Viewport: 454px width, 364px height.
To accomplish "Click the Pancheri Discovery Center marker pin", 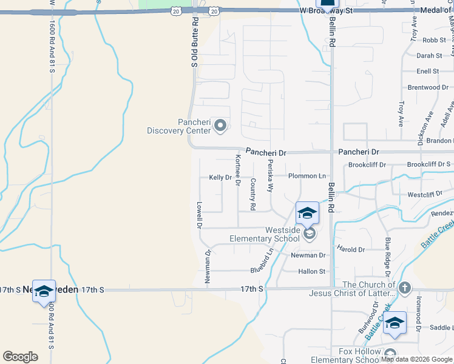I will (x=220, y=126).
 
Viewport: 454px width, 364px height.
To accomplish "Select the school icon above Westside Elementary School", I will (x=307, y=213).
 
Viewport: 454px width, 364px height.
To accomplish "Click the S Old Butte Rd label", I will (x=195, y=41).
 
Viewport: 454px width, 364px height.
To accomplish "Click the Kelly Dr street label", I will (x=220, y=178).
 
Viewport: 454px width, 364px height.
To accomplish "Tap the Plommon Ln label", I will (x=307, y=176).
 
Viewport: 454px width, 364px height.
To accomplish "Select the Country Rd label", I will (x=252, y=195).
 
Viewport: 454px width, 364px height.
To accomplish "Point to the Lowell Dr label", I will (x=198, y=214).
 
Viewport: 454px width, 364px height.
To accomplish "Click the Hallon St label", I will (x=312, y=272).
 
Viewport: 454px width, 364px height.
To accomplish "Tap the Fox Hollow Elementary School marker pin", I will (x=390, y=354).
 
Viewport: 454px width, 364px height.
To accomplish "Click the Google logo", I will (x=20, y=357).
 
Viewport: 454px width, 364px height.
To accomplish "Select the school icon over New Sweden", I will (x=44, y=292).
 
